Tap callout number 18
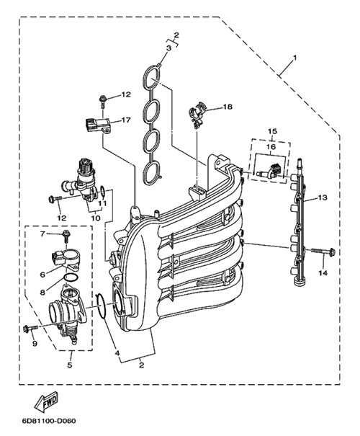coord(228,107)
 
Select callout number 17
coord(125,120)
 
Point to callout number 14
coord(323,273)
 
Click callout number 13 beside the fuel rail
coord(323,197)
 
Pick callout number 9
coord(35,344)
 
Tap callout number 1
coord(295,58)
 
